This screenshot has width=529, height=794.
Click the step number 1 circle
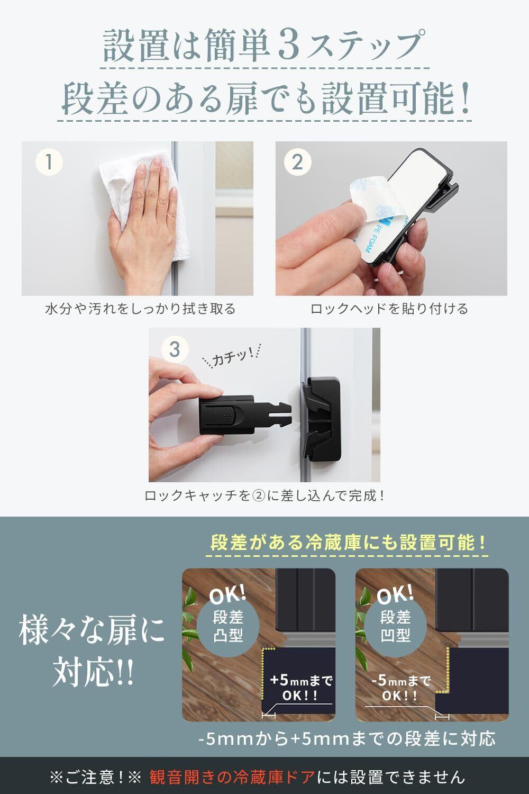coord(49,162)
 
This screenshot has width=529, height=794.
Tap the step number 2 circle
coord(298,162)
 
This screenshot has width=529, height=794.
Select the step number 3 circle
coord(175,349)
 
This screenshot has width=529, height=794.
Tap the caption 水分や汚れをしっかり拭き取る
coord(140,309)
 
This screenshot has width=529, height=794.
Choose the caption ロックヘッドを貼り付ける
coord(389,309)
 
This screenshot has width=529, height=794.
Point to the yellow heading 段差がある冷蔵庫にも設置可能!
coord(347,543)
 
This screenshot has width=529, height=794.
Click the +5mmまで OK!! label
coord(300,688)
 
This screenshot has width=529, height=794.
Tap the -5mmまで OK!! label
coord(401,688)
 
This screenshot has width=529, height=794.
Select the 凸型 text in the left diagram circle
coord(228,635)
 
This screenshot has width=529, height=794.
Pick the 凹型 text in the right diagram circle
coord(395,635)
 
